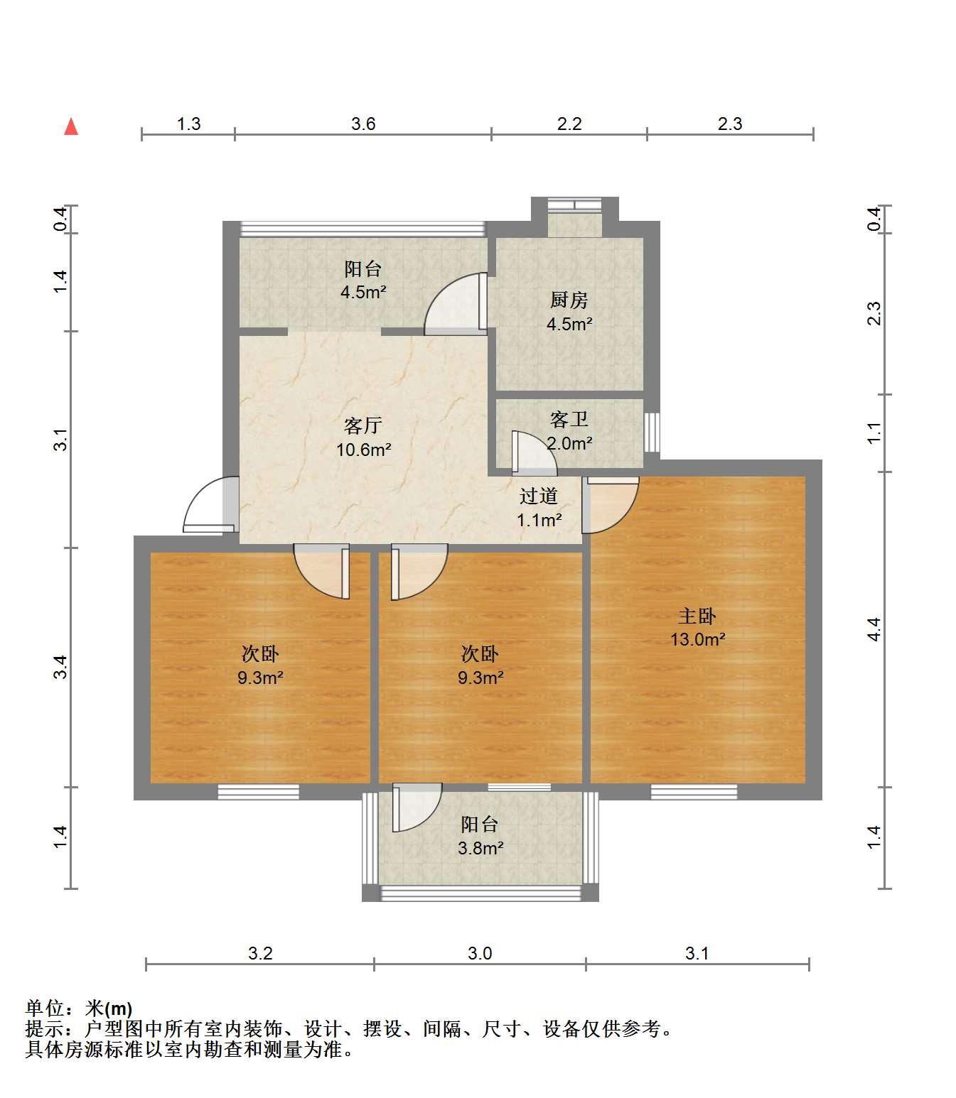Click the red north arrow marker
[x=71, y=126]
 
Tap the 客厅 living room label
[x=363, y=425]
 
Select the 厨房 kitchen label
[x=569, y=300]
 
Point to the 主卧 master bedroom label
[x=697, y=616]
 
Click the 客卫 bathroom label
[x=569, y=419]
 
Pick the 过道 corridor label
[x=539, y=496]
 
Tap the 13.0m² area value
[x=698, y=639]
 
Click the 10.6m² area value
[x=364, y=449]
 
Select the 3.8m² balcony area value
[x=480, y=848]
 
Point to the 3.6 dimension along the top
[x=363, y=124]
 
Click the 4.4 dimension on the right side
[x=874, y=629]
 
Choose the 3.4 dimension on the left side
[x=60, y=667]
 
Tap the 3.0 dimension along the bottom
[x=480, y=953]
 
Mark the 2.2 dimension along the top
[x=569, y=124]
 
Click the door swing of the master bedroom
[x=611, y=505]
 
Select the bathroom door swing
[x=535, y=453]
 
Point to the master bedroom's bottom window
[x=694, y=792]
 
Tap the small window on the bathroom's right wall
[x=652, y=432]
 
